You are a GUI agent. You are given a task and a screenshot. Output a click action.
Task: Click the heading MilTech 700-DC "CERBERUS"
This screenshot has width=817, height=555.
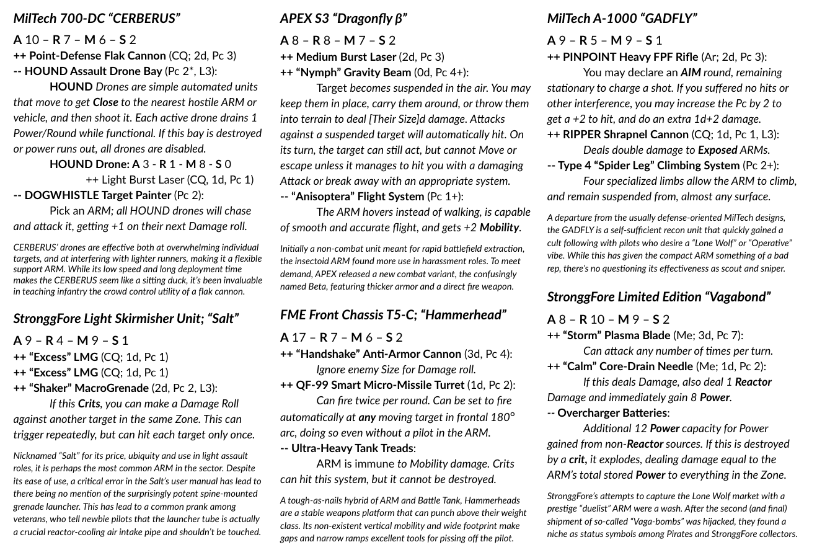(97, 19)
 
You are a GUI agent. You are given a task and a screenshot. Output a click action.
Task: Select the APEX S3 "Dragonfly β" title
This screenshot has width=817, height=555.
(343, 19)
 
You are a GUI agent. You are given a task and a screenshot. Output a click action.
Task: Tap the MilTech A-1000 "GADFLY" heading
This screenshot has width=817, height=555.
(622, 19)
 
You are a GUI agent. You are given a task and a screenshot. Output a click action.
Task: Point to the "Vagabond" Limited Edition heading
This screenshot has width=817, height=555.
(658, 297)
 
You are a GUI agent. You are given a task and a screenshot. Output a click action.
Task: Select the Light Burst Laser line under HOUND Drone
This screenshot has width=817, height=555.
(169, 180)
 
